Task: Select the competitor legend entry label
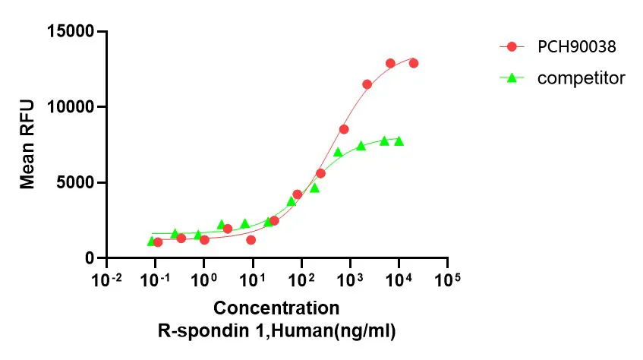coord(581,77)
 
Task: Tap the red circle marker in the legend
coord(512,47)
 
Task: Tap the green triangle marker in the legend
coord(512,77)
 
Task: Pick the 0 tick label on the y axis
coord(90,258)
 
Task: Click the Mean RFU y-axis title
coord(28,145)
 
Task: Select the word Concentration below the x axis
coord(276,308)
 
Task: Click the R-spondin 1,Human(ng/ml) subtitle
coord(276,331)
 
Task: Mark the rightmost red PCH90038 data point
coord(414,63)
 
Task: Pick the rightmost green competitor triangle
coord(399,141)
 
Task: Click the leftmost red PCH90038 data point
coord(158,242)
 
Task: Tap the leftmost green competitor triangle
coord(151,241)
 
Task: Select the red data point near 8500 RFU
coord(344,129)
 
